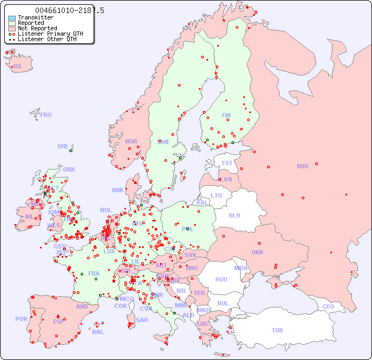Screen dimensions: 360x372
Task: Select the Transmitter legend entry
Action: click(x=35, y=18)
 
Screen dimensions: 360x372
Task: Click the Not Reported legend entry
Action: click(x=37, y=28)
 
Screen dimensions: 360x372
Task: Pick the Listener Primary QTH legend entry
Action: click(x=50, y=34)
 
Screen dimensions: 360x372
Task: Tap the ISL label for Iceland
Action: click(x=18, y=67)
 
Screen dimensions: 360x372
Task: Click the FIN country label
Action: click(x=226, y=115)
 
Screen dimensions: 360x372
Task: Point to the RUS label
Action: click(x=302, y=166)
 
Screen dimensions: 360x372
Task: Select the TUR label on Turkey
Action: click(x=277, y=330)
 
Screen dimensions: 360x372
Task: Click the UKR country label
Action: click(x=257, y=252)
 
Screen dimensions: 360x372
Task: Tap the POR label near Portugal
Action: click(x=21, y=319)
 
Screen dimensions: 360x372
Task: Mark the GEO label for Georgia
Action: click(x=328, y=306)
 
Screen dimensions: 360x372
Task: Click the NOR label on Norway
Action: click(x=131, y=141)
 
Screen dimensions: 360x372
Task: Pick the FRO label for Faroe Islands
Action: click(x=46, y=115)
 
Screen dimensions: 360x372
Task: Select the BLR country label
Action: click(x=235, y=215)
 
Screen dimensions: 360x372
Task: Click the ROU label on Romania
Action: click(x=221, y=279)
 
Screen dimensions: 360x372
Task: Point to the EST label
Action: click(x=227, y=163)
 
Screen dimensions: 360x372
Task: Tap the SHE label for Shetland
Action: click(x=63, y=146)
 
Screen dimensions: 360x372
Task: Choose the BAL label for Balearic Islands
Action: click(x=98, y=332)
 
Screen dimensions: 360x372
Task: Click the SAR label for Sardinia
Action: click(x=142, y=319)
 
